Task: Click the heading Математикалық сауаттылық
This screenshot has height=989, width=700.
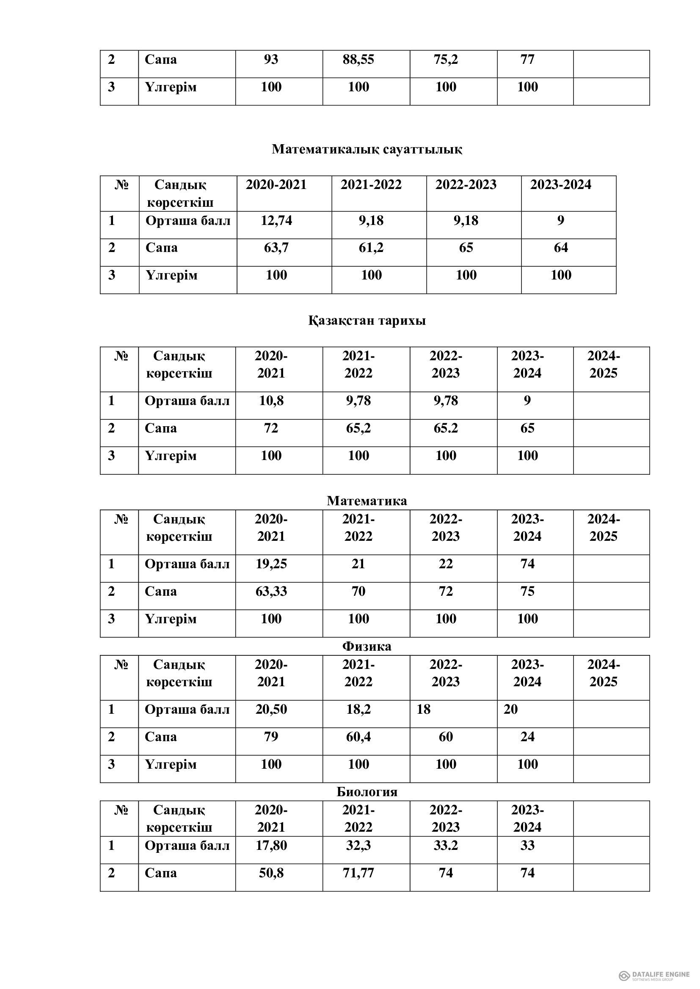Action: [367, 149]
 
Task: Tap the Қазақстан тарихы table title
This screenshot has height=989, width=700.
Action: [367, 321]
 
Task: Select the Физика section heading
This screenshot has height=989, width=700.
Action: [367, 646]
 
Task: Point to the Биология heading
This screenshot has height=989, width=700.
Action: [367, 792]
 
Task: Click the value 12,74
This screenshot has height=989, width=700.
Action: [276, 221]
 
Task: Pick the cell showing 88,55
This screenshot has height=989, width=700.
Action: [358, 60]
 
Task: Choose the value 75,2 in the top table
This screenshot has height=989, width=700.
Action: [446, 60]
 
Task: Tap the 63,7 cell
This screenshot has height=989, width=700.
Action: [276, 248]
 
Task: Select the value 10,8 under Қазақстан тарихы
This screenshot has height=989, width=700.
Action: [271, 401]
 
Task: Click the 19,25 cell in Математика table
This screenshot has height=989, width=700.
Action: [271, 564]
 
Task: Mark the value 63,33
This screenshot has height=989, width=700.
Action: [271, 592]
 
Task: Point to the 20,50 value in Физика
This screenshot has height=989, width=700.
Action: [271, 710]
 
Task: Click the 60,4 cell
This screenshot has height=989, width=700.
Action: [358, 737]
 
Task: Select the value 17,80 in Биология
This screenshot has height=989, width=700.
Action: [271, 846]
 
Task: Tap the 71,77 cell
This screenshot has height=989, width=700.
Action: [358, 873]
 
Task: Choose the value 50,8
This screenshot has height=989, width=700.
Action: [271, 873]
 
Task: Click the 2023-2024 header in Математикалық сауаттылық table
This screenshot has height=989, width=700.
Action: [560, 185]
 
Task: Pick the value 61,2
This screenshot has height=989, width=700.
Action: [371, 248]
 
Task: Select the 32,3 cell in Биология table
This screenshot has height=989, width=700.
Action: [358, 846]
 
